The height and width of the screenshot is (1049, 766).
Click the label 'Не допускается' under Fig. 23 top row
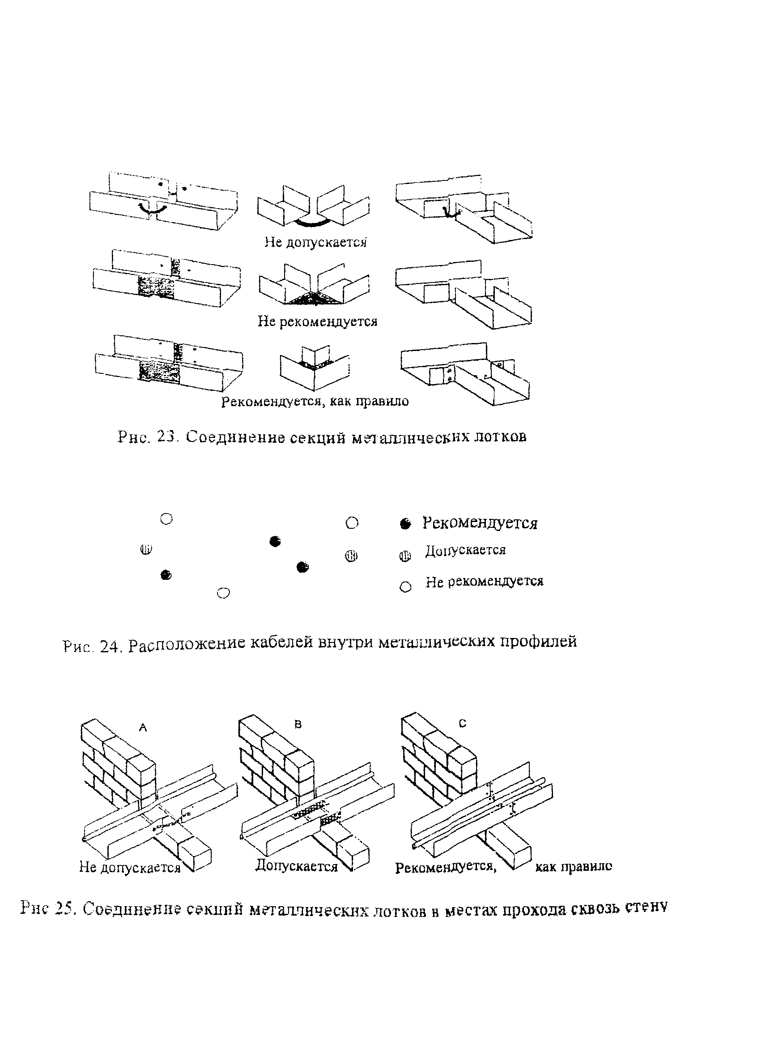click(x=316, y=242)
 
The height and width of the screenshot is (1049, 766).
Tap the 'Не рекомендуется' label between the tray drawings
click(x=318, y=321)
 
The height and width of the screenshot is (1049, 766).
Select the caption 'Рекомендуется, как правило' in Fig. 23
click(x=315, y=401)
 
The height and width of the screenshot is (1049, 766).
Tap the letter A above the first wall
click(x=143, y=728)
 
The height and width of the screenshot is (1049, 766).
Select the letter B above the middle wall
click(x=298, y=724)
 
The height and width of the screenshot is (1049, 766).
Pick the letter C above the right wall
click(x=462, y=724)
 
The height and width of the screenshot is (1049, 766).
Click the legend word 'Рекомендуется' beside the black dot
click(x=480, y=523)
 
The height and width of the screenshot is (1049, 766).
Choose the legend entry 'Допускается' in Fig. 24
click(x=465, y=550)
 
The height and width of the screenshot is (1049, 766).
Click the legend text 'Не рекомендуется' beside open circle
click(x=485, y=581)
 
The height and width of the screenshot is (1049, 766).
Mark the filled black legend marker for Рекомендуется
click(x=406, y=524)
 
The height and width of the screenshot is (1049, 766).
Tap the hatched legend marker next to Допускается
click(x=405, y=556)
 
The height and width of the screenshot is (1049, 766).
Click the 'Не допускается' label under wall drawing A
click(x=130, y=867)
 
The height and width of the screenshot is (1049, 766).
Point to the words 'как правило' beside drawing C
click(x=574, y=866)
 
